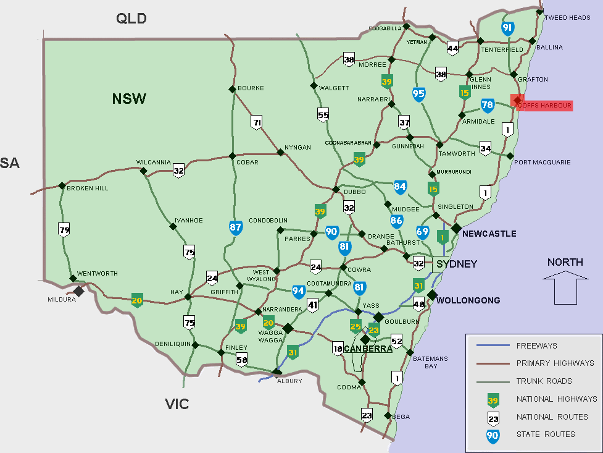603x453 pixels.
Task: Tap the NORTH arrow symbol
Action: coord(565,289)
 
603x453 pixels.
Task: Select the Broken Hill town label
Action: coord(88,188)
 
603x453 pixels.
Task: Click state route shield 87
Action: coord(235,227)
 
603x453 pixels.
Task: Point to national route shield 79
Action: coord(64,230)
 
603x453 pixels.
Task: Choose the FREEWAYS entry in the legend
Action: coord(536,346)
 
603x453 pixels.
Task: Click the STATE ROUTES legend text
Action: coord(545,434)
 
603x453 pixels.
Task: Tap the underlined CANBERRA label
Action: coord(368,349)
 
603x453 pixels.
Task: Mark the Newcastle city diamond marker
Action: coord(456,229)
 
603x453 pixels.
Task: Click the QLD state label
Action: coord(131,19)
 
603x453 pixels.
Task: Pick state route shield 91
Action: coord(507,28)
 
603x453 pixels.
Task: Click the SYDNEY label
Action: coord(457,264)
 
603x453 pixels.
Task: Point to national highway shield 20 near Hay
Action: coord(137,301)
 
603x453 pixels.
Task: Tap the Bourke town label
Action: coord(251,88)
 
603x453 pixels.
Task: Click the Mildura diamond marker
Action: coord(79,291)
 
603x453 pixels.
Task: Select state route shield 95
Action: coord(418,94)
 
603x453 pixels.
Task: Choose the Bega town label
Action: coord(401,417)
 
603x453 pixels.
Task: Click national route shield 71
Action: coord(257,122)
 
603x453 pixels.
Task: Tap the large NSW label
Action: coord(129,98)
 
